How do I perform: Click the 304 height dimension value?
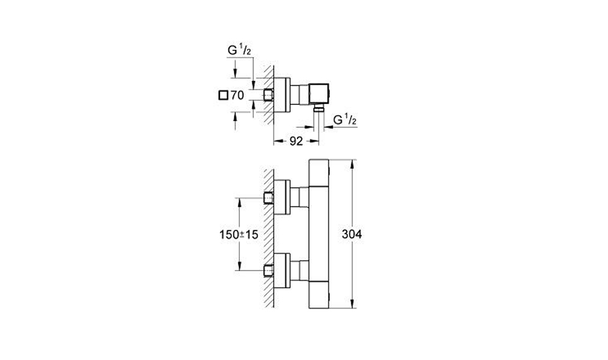pos(352,235)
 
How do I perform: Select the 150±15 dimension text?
pos(239,235)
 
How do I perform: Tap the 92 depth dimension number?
pos(296,141)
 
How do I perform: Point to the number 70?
pos(237,95)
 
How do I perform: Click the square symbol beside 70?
pos(223,95)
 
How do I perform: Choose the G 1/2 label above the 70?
pos(239,50)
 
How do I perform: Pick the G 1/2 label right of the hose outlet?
pos(345,119)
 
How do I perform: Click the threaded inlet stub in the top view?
pos(269,95)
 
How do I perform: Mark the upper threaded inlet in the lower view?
pos(269,198)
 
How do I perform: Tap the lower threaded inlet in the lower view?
pos(269,271)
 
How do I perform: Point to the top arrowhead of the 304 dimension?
pos(352,164)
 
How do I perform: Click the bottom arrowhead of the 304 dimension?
pos(352,304)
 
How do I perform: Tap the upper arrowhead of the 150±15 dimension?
pos(239,203)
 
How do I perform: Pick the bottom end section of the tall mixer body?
pos(319,295)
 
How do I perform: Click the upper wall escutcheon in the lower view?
pos(282,197)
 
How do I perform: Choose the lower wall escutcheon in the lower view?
pos(282,271)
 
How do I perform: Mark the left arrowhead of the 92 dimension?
pos(278,142)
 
